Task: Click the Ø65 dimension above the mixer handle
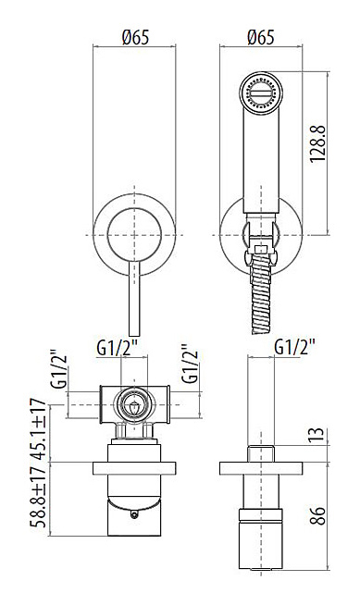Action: [x=135, y=38]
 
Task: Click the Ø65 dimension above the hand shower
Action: [x=261, y=38]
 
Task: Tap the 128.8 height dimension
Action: [x=318, y=143]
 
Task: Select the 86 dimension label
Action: [x=317, y=515]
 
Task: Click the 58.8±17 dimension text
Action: [x=38, y=496]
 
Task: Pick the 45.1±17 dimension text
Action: [x=38, y=429]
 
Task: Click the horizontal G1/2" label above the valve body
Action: [x=121, y=349]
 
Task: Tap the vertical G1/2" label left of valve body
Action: [x=59, y=369]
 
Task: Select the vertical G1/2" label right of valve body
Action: [x=191, y=364]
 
